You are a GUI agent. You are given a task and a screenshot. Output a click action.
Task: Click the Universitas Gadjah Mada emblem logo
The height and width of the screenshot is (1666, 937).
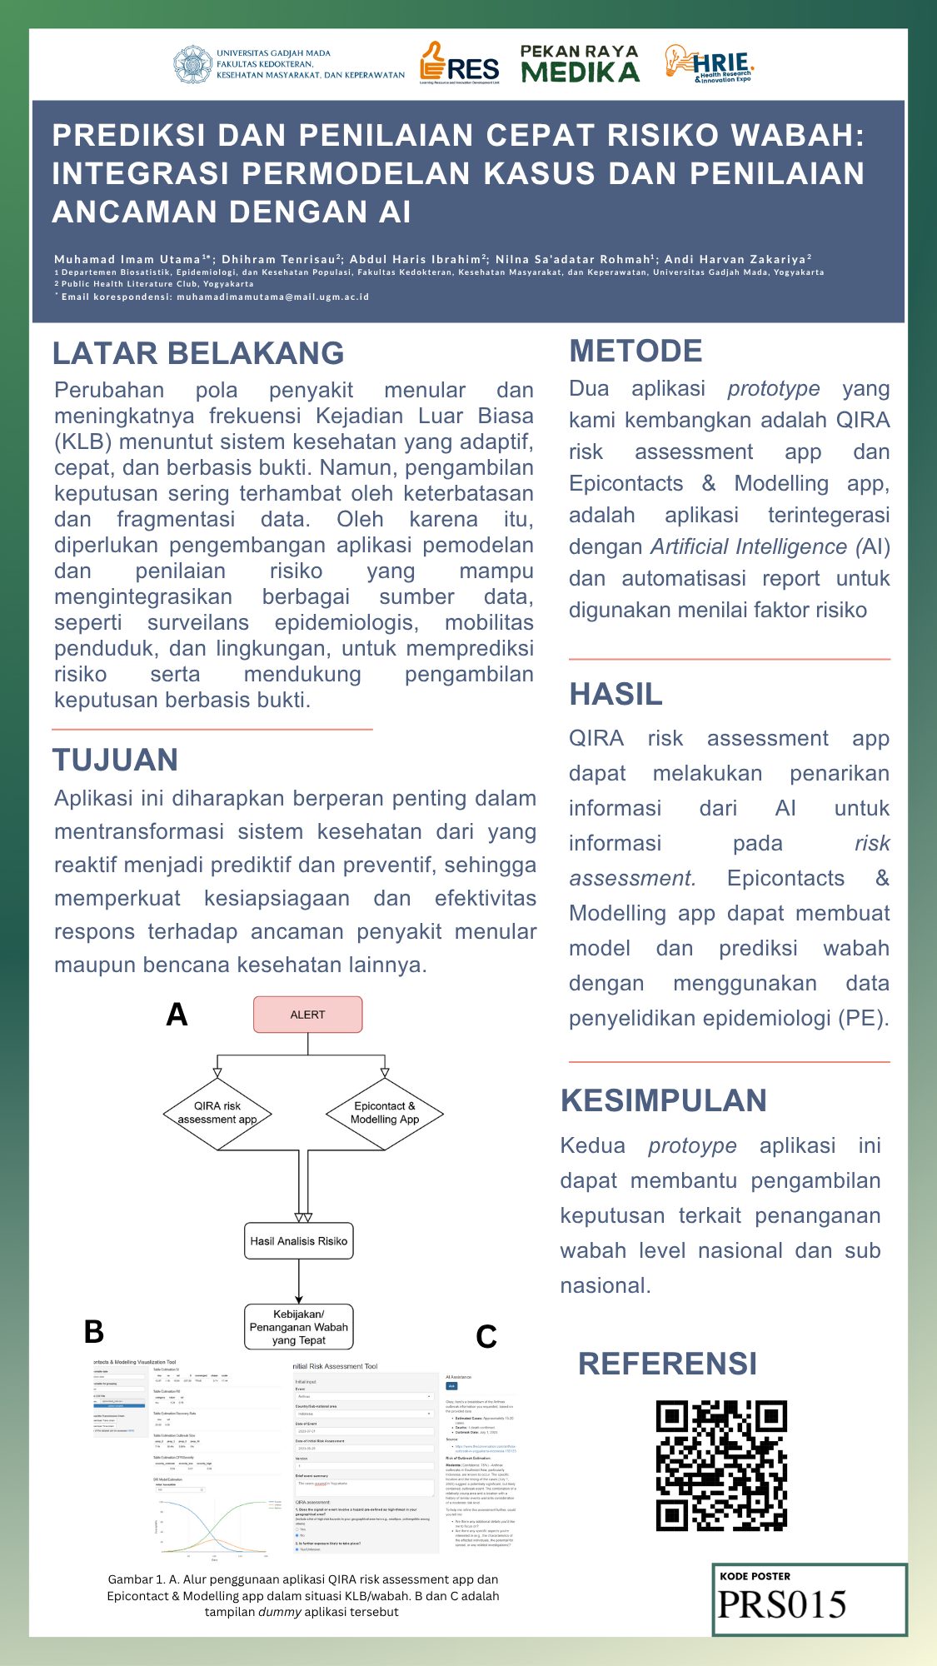193,65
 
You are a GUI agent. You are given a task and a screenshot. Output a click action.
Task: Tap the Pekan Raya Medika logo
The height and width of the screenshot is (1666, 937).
580,64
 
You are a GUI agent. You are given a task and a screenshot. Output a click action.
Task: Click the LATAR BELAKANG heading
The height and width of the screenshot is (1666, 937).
198,353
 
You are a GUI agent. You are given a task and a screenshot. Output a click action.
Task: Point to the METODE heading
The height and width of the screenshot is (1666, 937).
635,351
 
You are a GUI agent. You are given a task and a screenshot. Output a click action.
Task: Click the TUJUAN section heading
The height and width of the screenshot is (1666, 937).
116,760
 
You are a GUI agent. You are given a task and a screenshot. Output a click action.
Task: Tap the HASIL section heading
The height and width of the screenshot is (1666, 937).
616,694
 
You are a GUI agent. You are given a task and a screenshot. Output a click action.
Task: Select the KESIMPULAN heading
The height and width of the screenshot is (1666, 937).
663,1100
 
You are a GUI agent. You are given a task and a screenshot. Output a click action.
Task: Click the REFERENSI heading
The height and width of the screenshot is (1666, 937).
667,1364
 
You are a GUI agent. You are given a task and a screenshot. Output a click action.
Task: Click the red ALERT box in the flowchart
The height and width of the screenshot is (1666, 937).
307,1015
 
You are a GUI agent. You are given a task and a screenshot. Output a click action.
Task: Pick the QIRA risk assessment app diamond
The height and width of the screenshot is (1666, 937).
217,1113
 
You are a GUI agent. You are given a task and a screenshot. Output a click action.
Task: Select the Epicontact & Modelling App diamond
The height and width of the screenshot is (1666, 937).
384,1113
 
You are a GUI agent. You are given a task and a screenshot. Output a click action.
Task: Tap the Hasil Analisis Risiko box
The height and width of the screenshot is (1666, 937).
298,1241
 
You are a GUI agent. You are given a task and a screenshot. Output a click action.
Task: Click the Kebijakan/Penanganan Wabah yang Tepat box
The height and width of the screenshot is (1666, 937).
298,1327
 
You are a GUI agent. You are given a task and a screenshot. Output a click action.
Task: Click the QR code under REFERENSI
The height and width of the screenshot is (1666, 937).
721,1465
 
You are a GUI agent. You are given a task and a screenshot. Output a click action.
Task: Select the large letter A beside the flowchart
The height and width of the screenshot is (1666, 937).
177,1015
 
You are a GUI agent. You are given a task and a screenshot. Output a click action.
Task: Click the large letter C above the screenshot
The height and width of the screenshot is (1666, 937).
486,1337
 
